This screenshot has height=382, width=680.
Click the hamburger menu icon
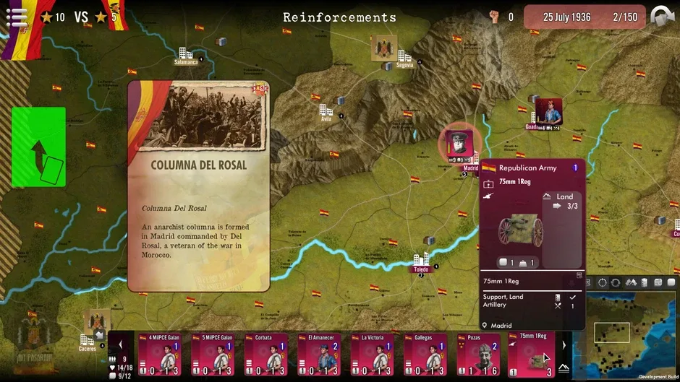[x=17, y=17]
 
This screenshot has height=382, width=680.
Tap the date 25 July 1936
[x=568, y=17]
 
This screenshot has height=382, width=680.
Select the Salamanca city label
[x=185, y=62]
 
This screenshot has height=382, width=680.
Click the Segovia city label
[x=404, y=65]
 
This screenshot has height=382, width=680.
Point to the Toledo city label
[x=420, y=269]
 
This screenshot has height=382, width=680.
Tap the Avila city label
[x=326, y=119]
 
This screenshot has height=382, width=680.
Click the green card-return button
[x=38, y=147]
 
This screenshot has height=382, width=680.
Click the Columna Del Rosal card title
[x=199, y=165]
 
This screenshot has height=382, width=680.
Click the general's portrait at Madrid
[x=459, y=143]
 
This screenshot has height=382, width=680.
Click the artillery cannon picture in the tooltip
[x=519, y=229]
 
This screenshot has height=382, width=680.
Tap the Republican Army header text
[x=527, y=168]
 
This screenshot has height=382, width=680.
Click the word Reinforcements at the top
[x=339, y=17]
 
